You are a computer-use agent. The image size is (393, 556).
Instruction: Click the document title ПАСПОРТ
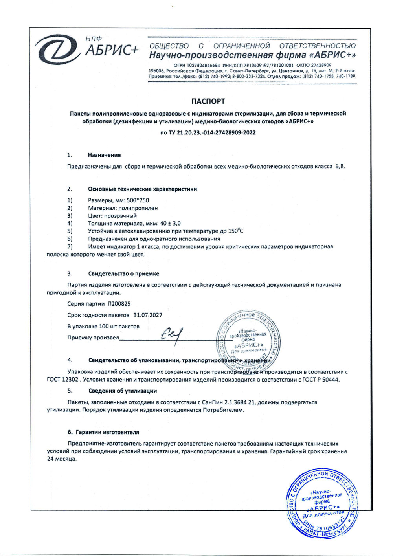[208, 101]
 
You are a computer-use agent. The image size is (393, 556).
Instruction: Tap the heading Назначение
[104, 155]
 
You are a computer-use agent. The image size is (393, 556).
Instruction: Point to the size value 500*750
[138, 200]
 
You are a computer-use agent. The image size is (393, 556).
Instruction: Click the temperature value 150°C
[235, 231]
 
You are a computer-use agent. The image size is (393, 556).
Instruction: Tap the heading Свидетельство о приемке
[123, 273]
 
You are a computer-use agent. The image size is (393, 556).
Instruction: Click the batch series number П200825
[119, 304]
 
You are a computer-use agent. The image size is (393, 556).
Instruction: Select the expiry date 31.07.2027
[148, 315]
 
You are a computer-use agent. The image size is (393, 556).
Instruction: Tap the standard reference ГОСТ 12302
[64, 380]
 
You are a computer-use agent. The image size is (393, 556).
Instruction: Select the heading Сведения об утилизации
[122, 391]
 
